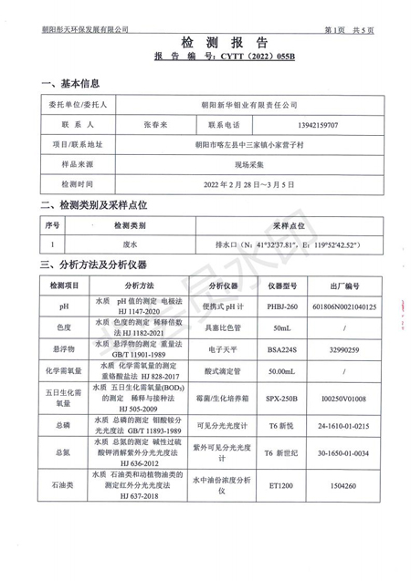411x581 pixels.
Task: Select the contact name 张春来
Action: [x=156, y=124]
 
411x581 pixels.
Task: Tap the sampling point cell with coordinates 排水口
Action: [x=284, y=244]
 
